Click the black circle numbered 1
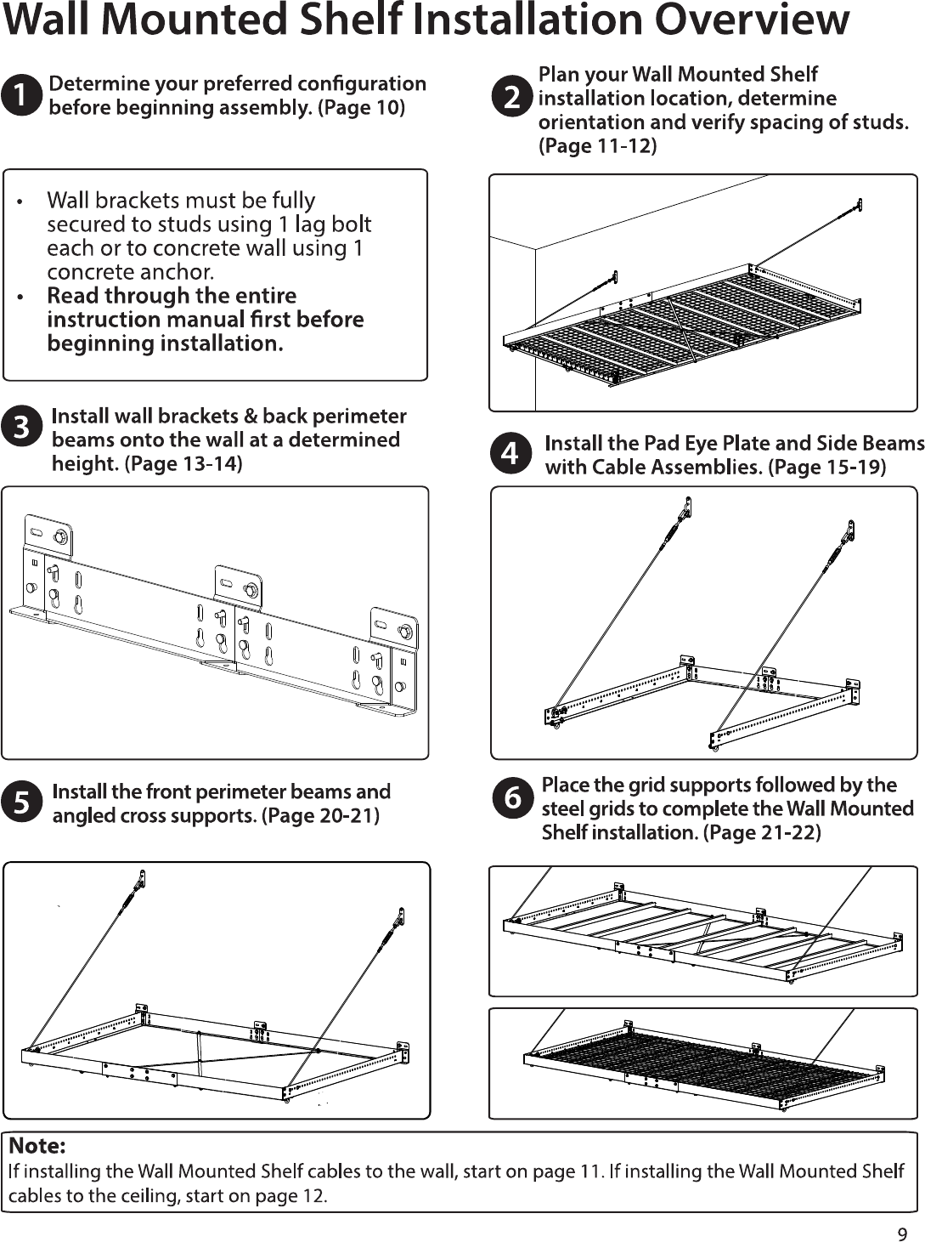tap(21, 95)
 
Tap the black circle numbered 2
tap(512, 97)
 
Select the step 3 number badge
tap(21, 427)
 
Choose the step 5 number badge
tap(21, 802)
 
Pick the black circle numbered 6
tap(512, 798)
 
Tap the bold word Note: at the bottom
tap(37, 1146)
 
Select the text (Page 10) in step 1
tap(361, 107)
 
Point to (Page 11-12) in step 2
tap(598, 146)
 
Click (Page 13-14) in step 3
tap(183, 463)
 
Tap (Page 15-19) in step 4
tap(826, 467)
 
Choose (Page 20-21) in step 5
tap(320, 816)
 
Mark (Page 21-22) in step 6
tap(762, 832)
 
